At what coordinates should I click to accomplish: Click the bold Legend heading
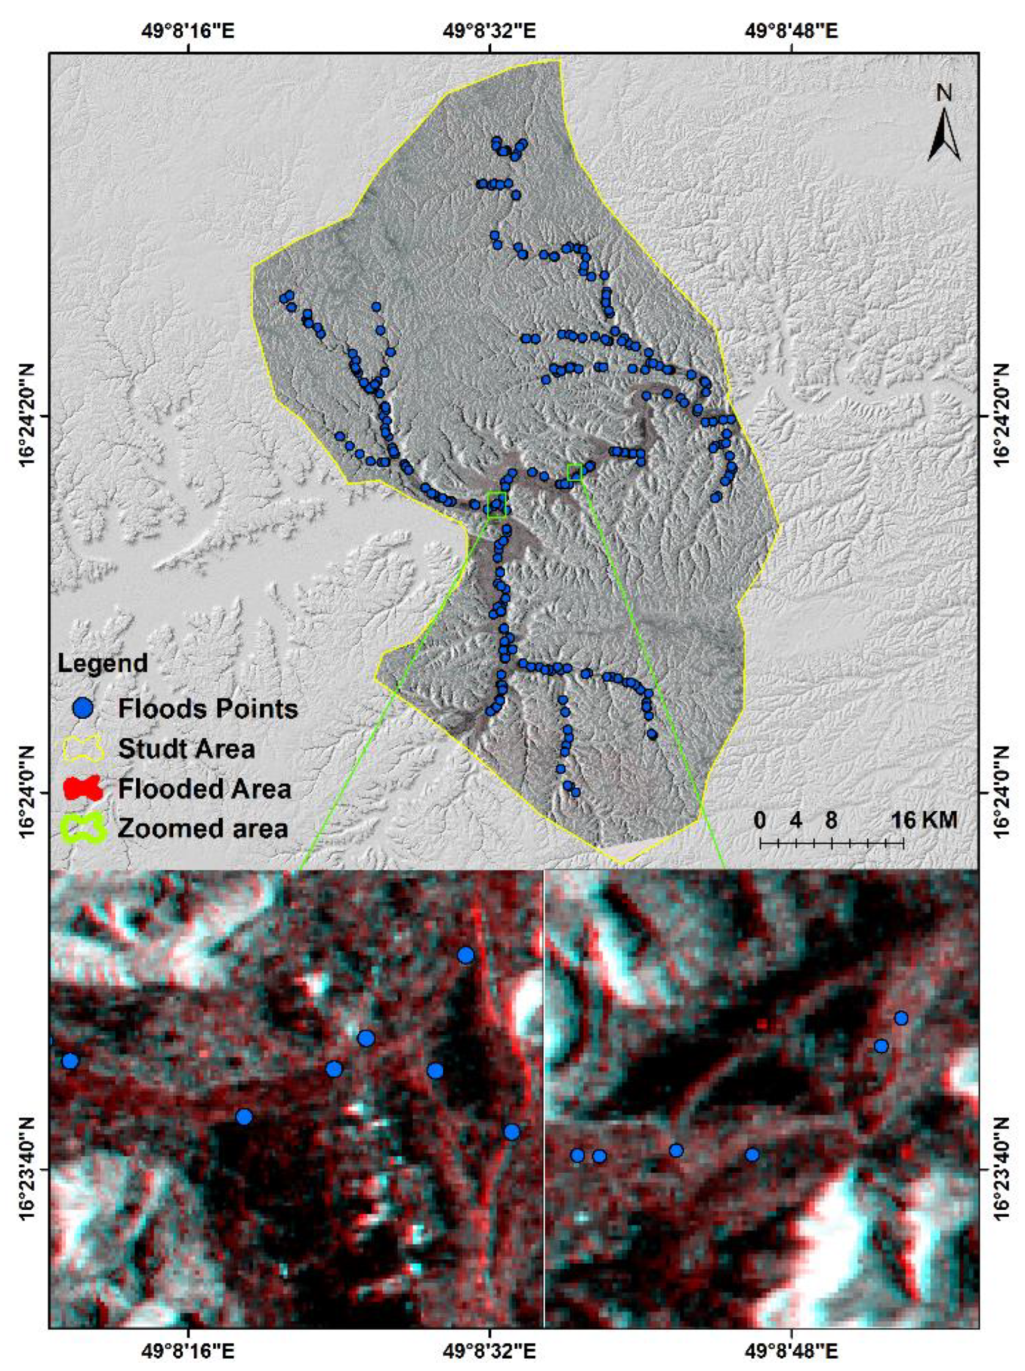103,663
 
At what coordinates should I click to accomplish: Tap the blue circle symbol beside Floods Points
82,708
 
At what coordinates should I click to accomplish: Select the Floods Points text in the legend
208,708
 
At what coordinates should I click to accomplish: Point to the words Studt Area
186,749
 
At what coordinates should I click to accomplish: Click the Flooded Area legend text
204,789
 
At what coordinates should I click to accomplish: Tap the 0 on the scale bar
759,820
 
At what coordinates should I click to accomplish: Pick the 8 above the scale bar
831,820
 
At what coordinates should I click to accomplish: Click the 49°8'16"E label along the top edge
190,30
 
